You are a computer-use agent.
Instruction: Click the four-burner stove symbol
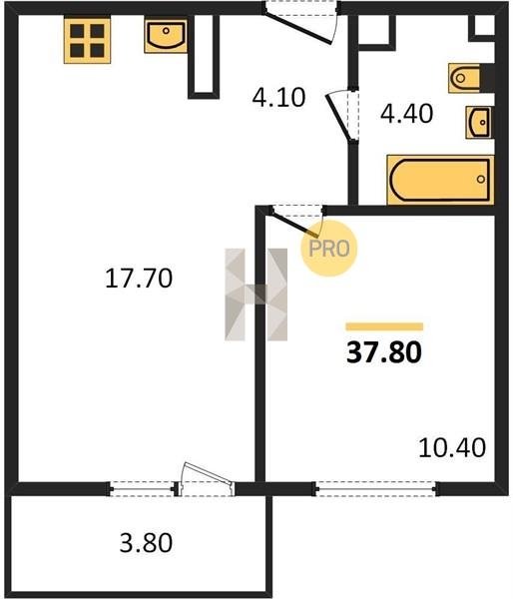click(x=87, y=41)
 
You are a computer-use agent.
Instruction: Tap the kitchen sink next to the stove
click(x=166, y=36)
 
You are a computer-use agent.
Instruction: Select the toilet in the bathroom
click(x=464, y=78)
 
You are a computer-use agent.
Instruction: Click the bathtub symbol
click(x=440, y=180)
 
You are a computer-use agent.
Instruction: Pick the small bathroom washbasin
click(x=479, y=122)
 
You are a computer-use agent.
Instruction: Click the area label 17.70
click(x=139, y=279)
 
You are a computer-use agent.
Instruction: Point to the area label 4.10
click(x=278, y=97)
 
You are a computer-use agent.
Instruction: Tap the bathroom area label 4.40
click(x=407, y=113)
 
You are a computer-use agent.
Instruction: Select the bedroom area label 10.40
click(x=452, y=447)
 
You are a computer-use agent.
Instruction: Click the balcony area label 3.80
click(x=146, y=543)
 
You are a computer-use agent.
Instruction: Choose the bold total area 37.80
click(x=384, y=352)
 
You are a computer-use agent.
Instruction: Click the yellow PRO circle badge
click(x=329, y=249)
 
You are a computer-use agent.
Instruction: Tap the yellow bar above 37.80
click(x=384, y=326)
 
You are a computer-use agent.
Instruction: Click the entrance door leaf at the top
click(x=298, y=28)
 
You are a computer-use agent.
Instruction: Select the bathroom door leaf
click(x=338, y=117)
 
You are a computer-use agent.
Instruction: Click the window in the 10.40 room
click(x=375, y=488)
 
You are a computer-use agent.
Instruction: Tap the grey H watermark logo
click(x=256, y=295)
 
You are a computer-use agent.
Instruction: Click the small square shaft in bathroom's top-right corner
click(x=484, y=26)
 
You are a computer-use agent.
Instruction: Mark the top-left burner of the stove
click(x=77, y=31)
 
